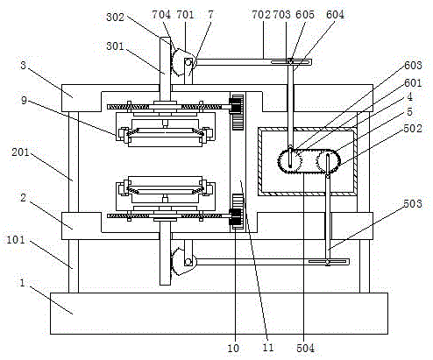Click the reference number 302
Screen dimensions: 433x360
tap(115, 17)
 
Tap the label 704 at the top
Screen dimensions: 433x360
tap(161, 14)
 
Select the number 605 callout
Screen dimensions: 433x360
tap(305, 14)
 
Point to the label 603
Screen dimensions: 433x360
tap(413, 65)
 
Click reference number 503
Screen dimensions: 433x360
tap(413, 203)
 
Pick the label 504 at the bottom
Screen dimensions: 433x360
tap(305, 348)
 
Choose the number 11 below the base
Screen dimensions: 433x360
tap(268, 348)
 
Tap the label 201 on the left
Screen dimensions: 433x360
tap(20, 152)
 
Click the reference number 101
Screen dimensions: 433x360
tap(16, 240)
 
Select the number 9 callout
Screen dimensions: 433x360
tap(24, 101)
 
